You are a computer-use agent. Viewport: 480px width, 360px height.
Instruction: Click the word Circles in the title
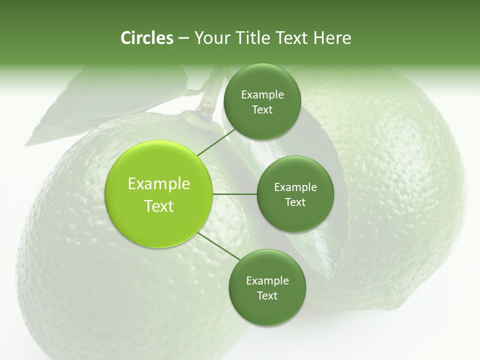146,38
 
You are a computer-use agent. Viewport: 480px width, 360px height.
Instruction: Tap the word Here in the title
332,38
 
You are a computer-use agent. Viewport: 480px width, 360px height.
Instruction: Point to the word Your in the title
211,38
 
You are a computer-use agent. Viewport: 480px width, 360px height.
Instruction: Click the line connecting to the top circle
216,142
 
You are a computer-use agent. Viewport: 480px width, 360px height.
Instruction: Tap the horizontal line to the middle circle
235,194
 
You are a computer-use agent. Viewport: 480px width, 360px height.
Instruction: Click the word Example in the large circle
159,184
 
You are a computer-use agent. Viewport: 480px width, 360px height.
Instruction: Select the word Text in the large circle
159,206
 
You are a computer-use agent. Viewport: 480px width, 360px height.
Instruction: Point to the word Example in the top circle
262,94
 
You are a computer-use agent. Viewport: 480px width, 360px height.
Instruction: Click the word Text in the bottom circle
267,295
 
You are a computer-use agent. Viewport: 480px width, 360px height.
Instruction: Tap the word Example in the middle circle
295,187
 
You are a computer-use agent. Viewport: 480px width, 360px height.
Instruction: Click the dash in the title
183,38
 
